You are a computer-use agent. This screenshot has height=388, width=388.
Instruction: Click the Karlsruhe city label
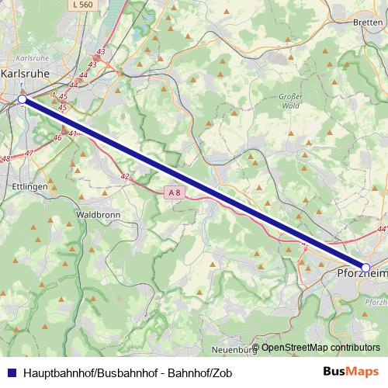click(x=25, y=73)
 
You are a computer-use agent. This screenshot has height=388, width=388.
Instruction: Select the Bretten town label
click(x=368, y=23)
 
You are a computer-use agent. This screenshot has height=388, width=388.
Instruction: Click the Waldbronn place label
click(x=96, y=213)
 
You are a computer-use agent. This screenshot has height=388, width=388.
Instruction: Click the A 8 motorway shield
click(x=175, y=192)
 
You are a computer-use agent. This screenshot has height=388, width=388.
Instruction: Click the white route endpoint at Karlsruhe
click(x=23, y=99)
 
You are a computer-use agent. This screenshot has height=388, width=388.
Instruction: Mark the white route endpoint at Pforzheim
click(x=366, y=267)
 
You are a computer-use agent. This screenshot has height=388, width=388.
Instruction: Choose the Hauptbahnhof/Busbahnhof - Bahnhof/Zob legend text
click(x=128, y=372)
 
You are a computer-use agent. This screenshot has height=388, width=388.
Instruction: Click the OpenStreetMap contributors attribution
click(x=316, y=348)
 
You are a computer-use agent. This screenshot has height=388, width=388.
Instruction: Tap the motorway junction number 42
click(x=125, y=177)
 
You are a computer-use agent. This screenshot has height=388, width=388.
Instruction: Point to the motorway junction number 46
click(x=57, y=137)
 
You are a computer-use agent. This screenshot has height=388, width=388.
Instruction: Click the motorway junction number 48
click(x=5, y=158)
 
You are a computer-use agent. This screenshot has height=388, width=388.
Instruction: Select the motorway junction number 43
click(x=100, y=52)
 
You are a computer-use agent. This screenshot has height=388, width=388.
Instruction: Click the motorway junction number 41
click(x=74, y=133)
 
